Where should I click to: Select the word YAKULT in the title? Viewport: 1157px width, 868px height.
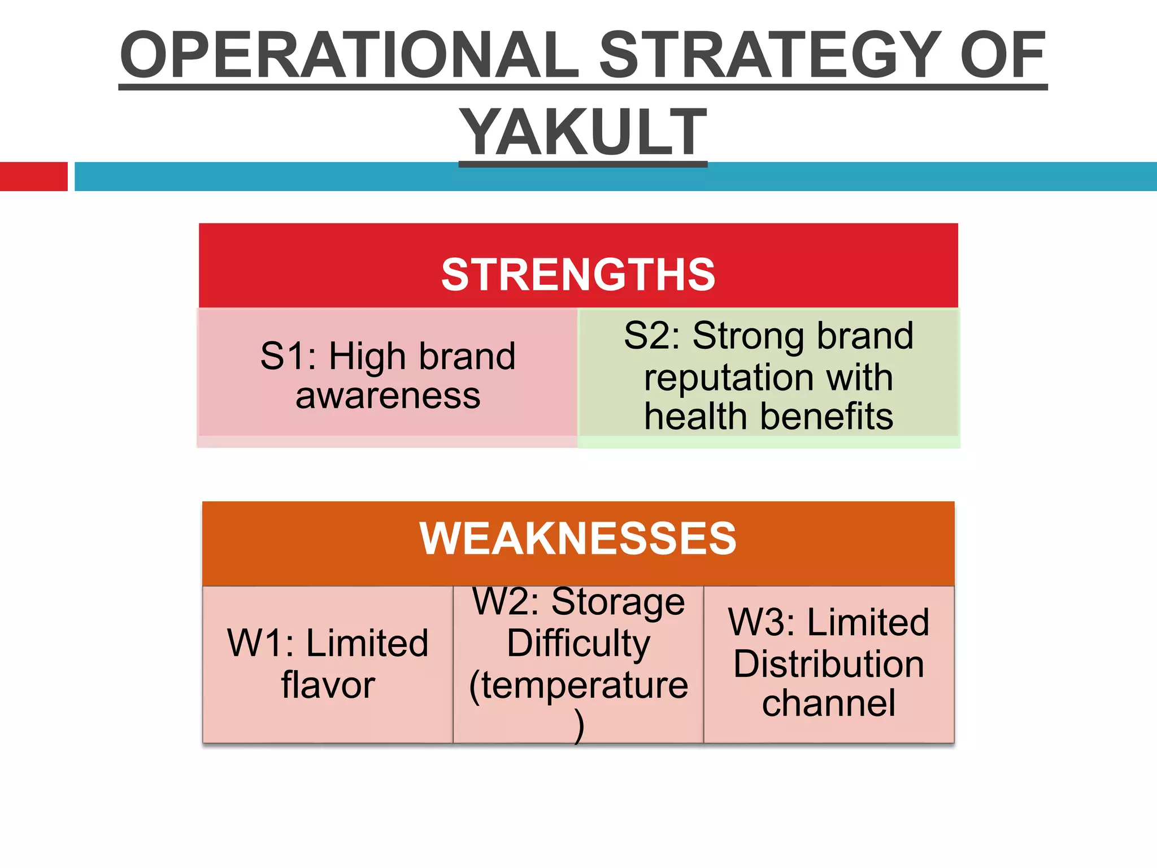coord(582,132)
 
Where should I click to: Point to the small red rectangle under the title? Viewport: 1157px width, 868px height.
coord(33,176)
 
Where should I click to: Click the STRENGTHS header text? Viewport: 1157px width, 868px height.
coord(578,275)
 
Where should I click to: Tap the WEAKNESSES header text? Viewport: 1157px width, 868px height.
coord(578,539)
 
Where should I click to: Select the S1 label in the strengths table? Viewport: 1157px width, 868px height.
coord(285,357)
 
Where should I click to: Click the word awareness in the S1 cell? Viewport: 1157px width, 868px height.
coord(388,396)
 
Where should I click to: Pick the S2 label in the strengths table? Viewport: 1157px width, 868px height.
coord(650,336)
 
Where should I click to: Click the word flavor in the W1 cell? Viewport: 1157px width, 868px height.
coord(328,685)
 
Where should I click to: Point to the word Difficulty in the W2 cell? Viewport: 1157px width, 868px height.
coord(578,644)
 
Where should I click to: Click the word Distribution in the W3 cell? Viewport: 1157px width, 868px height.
coord(829,665)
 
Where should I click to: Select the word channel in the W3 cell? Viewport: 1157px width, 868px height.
coord(829,704)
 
